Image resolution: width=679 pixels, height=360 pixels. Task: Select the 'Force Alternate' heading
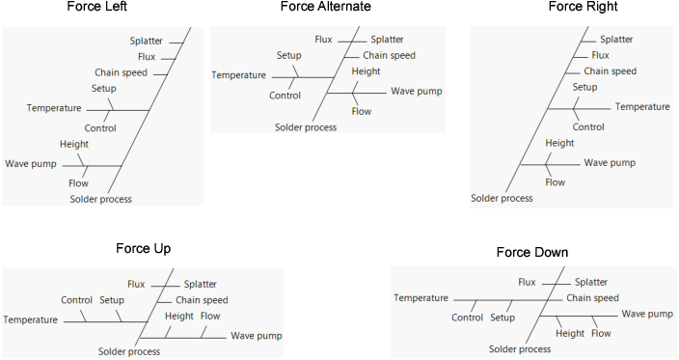tap(325, 7)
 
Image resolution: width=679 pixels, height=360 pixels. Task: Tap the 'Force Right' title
tap(583, 7)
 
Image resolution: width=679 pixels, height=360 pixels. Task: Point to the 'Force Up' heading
tap(143, 249)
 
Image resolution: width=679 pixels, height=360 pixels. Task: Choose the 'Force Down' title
tap(531, 253)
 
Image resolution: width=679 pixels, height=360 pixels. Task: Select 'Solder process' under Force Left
tap(100, 200)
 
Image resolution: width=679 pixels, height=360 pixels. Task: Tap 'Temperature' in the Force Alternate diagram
tap(238, 74)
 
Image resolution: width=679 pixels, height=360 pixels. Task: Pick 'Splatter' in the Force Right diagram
tap(616, 40)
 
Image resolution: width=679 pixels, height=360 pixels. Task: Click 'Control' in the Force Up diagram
tap(76, 300)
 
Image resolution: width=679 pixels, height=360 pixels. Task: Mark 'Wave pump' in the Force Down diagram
tap(646, 314)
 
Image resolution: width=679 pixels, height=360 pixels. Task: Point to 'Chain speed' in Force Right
tap(610, 70)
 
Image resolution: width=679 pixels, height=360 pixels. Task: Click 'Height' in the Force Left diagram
tap(74, 145)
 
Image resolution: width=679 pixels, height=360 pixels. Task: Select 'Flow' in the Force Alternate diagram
tap(362, 111)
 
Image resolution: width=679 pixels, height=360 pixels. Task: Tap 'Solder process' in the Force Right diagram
tap(502, 199)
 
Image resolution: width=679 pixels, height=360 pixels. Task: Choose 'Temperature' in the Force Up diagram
tap(30, 318)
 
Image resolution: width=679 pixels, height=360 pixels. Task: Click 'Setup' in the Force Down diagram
tap(502, 318)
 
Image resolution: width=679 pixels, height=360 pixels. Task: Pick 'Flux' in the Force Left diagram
tap(147, 57)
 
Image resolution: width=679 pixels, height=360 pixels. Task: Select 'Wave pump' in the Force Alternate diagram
tap(416, 91)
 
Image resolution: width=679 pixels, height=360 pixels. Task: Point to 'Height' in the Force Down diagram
tap(570, 333)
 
